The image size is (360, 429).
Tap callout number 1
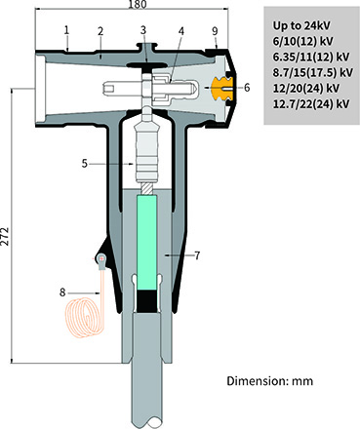tap(66, 29)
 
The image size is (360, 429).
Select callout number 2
tap(100, 30)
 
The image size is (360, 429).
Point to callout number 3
tap(143, 30)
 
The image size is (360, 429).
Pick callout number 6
tap(246, 87)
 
